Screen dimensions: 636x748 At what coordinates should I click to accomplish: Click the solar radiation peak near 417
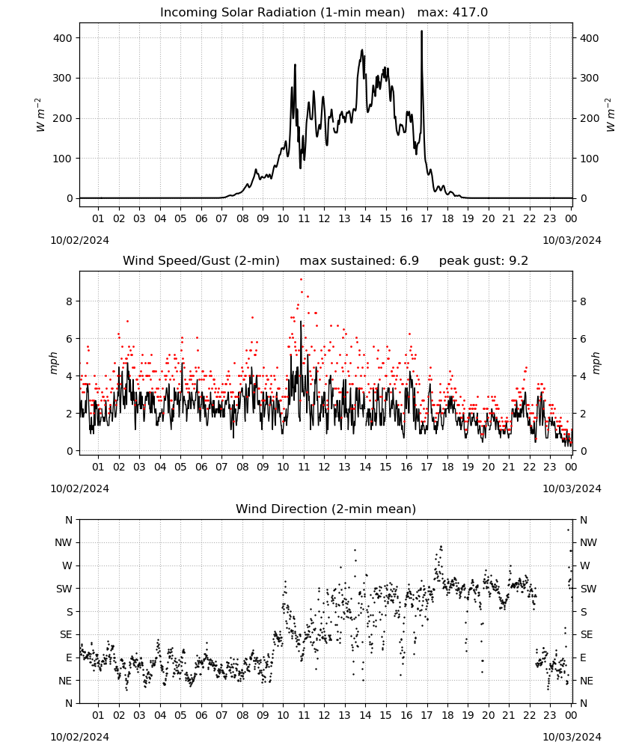tap(422, 31)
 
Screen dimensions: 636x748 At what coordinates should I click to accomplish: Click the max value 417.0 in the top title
tap(470, 13)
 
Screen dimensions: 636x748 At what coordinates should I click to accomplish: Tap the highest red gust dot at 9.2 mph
tap(301, 280)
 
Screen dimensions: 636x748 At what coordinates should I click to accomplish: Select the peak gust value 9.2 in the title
tap(518, 261)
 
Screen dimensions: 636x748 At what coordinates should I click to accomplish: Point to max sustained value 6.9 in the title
tap(409, 261)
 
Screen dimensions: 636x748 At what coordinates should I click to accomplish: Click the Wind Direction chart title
tap(326, 509)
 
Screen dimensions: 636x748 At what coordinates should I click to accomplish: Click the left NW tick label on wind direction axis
tap(64, 543)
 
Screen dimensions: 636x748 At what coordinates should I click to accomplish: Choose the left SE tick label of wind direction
tap(66, 635)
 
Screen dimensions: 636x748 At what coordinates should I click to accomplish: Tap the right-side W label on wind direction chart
tap(585, 565)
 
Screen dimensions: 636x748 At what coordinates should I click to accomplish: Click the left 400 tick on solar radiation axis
tap(62, 38)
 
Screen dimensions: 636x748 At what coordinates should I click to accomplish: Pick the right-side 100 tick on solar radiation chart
tap(589, 159)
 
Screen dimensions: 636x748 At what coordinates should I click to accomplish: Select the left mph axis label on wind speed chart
tap(53, 363)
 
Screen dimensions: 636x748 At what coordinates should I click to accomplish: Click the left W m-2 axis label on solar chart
tap(40, 115)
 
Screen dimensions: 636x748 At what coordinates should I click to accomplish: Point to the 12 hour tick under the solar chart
tap(324, 218)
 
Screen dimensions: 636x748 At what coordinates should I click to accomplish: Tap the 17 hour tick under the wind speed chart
tap(426, 467)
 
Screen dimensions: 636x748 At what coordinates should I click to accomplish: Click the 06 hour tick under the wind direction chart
tap(201, 716)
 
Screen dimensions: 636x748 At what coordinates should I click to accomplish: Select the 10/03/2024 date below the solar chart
tap(572, 240)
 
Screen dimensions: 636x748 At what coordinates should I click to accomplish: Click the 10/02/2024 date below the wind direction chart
tap(79, 737)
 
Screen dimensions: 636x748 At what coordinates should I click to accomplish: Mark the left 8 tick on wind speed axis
tap(70, 301)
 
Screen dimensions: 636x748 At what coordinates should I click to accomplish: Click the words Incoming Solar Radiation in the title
tap(238, 13)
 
